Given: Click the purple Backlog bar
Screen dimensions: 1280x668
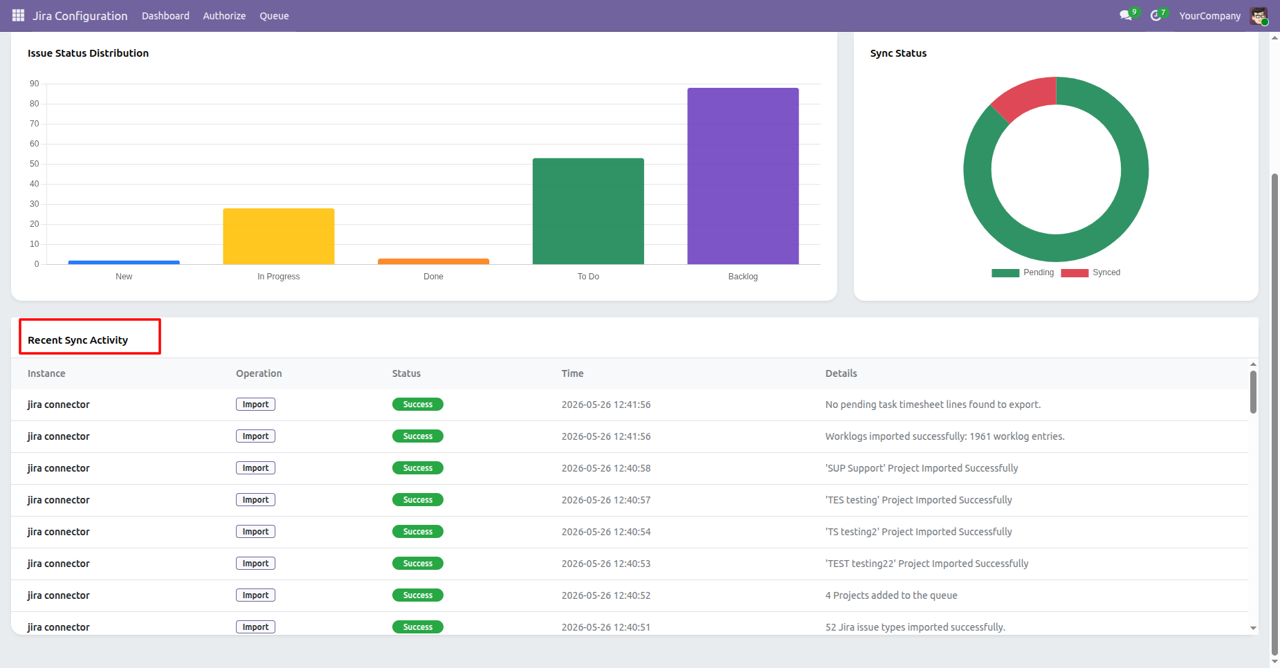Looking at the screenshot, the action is click(x=743, y=176).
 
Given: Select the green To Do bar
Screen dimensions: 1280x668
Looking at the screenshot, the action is click(x=588, y=211).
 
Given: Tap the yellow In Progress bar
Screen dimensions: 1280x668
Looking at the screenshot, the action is click(x=279, y=236).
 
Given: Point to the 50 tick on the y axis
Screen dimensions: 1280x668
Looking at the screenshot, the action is click(x=35, y=164).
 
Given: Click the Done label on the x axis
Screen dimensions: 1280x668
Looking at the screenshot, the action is click(x=433, y=277).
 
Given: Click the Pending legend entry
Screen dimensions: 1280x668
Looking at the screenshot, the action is click(x=1023, y=272).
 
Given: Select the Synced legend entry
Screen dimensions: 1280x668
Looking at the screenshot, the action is click(x=1091, y=272).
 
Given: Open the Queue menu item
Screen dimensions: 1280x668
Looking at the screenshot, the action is click(x=274, y=16).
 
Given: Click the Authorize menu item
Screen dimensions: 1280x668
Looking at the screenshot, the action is click(x=224, y=16).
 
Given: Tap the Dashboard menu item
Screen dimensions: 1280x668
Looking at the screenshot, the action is click(x=165, y=16).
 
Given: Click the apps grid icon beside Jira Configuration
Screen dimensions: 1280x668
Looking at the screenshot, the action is click(x=18, y=15).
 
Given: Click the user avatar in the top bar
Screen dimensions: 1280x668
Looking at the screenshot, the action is click(x=1259, y=16).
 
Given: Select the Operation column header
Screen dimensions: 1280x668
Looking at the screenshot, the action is click(x=259, y=373).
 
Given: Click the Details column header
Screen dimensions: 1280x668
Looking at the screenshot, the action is click(x=841, y=373).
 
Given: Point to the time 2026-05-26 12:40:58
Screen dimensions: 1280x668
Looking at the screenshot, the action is click(x=606, y=468).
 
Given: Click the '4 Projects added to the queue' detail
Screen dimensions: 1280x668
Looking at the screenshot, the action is click(x=891, y=595).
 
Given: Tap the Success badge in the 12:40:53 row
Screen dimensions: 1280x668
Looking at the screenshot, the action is click(x=418, y=564).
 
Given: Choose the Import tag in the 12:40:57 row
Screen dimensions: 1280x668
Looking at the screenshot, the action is click(x=255, y=500).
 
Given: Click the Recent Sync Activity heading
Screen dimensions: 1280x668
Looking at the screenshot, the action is click(x=78, y=340).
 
